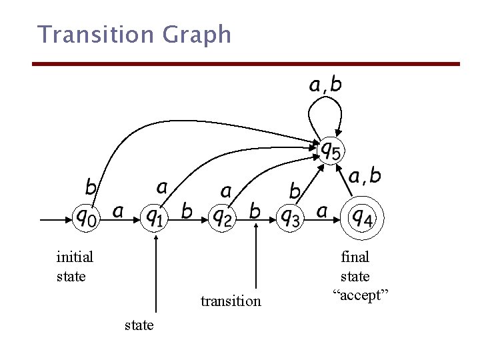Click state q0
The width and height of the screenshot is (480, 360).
click(x=87, y=217)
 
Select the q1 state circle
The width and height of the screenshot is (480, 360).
click(x=155, y=217)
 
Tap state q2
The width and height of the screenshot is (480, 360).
click(x=221, y=217)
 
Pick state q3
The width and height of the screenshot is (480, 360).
click(x=290, y=217)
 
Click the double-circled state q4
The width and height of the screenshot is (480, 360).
click(x=363, y=216)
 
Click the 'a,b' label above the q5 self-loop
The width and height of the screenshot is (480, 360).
click(x=325, y=84)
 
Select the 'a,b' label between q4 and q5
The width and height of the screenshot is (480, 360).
click(x=365, y=175)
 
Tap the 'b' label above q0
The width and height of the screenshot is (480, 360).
click(x=91, y=187)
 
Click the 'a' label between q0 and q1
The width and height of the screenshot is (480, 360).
click(x=118, y=212)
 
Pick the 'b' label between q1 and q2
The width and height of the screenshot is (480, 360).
click(x=187, y=211)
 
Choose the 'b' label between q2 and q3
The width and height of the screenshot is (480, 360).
click(x=255, y=211)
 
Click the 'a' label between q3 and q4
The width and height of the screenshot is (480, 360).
click(x=322, y=212)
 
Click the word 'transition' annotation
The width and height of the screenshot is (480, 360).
click(x=231, y=301)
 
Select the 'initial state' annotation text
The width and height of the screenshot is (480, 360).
click(x=75, y=266)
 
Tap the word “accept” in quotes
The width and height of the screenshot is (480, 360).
click(x=364, y=295)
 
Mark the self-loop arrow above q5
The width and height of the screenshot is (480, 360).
click(x=325, y=107)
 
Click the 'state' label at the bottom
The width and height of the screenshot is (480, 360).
click(x=139, y=325)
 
